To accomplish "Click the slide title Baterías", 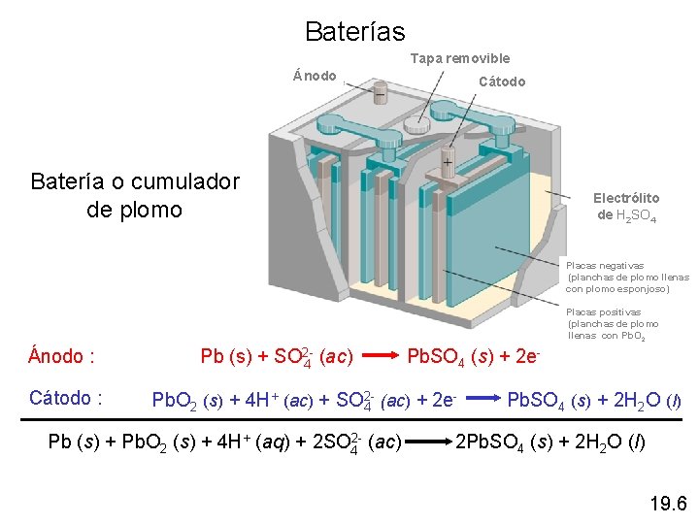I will (x=354, y=32).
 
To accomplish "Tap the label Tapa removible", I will (x=459, y=58).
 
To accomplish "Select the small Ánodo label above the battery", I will (x=315, y=76).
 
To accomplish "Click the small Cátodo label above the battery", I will (x=502, y=82).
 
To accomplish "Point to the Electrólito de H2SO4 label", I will (x=627, y=207).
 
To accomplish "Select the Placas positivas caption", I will (x=613, y=324).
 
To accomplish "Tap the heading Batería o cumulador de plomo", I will (x=135, y=195).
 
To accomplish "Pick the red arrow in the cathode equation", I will (x=480, y=399).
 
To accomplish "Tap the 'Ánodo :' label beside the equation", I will (x=62, y=356).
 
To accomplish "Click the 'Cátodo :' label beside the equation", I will (x=66, y=398).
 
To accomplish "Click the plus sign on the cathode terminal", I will (x=448, y=162).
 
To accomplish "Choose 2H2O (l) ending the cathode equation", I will (x=639, y=399).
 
